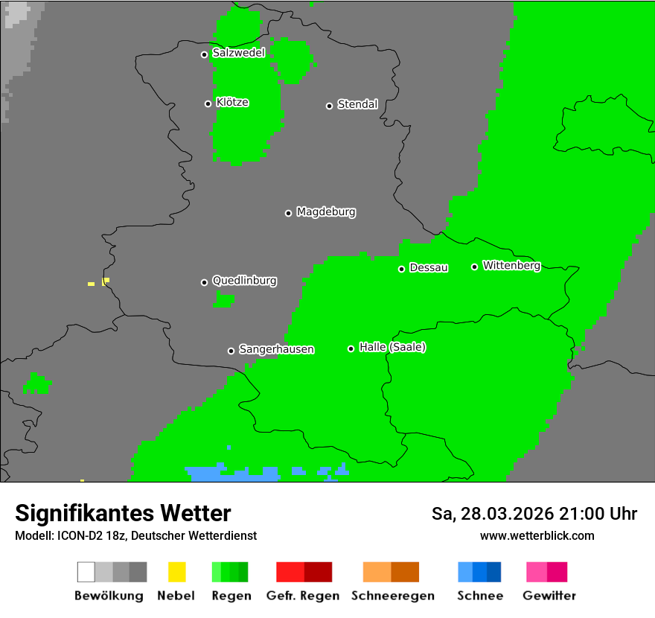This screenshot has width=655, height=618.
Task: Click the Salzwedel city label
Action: pos(238,53)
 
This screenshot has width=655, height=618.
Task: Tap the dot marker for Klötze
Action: pos(208,103)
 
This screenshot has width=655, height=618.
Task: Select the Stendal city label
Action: pos(357,104)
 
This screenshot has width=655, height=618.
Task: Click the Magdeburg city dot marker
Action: pos(288,213)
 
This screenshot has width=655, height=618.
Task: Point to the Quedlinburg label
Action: pos(244,281)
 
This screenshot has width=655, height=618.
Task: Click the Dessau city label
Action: pos(429,267)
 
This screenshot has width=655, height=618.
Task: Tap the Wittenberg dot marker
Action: pos(474,267)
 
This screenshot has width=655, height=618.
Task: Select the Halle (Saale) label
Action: pos(392,347)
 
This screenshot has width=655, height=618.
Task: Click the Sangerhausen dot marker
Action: pos(231,351)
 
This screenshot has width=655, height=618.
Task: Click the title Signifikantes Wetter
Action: pos(123,513)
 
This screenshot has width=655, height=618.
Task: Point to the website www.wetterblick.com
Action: pos(537,535)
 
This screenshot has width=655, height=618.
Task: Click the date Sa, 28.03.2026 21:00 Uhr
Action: pos(534,514)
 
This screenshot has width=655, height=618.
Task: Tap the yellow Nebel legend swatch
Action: pos(176,572)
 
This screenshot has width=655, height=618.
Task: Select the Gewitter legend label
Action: pos(549,596)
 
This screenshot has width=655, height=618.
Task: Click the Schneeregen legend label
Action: pos(392,596)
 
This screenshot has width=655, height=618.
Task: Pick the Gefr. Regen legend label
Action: pos(302,596)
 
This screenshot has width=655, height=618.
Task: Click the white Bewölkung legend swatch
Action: pos(86,572)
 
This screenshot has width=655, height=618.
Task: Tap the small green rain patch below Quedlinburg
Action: pos(223,299)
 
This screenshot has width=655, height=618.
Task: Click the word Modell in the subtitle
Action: pos(33,536)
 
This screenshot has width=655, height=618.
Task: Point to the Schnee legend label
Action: pos(479,596)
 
